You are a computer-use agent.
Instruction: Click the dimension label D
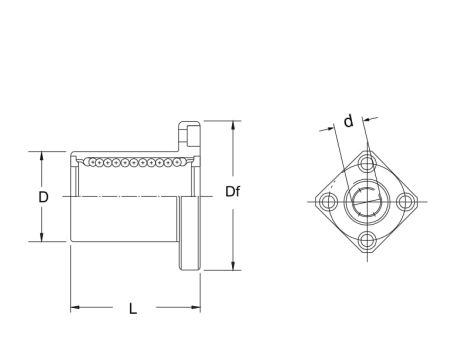click(43, 197)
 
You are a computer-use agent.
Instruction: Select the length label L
click(133, 309)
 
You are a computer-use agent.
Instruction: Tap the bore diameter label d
click(347, 122)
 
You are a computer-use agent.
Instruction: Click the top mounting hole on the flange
click(368, 162)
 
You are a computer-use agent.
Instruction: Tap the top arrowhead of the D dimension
click(42, 156)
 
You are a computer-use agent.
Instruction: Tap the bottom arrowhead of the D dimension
click(42, 238)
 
